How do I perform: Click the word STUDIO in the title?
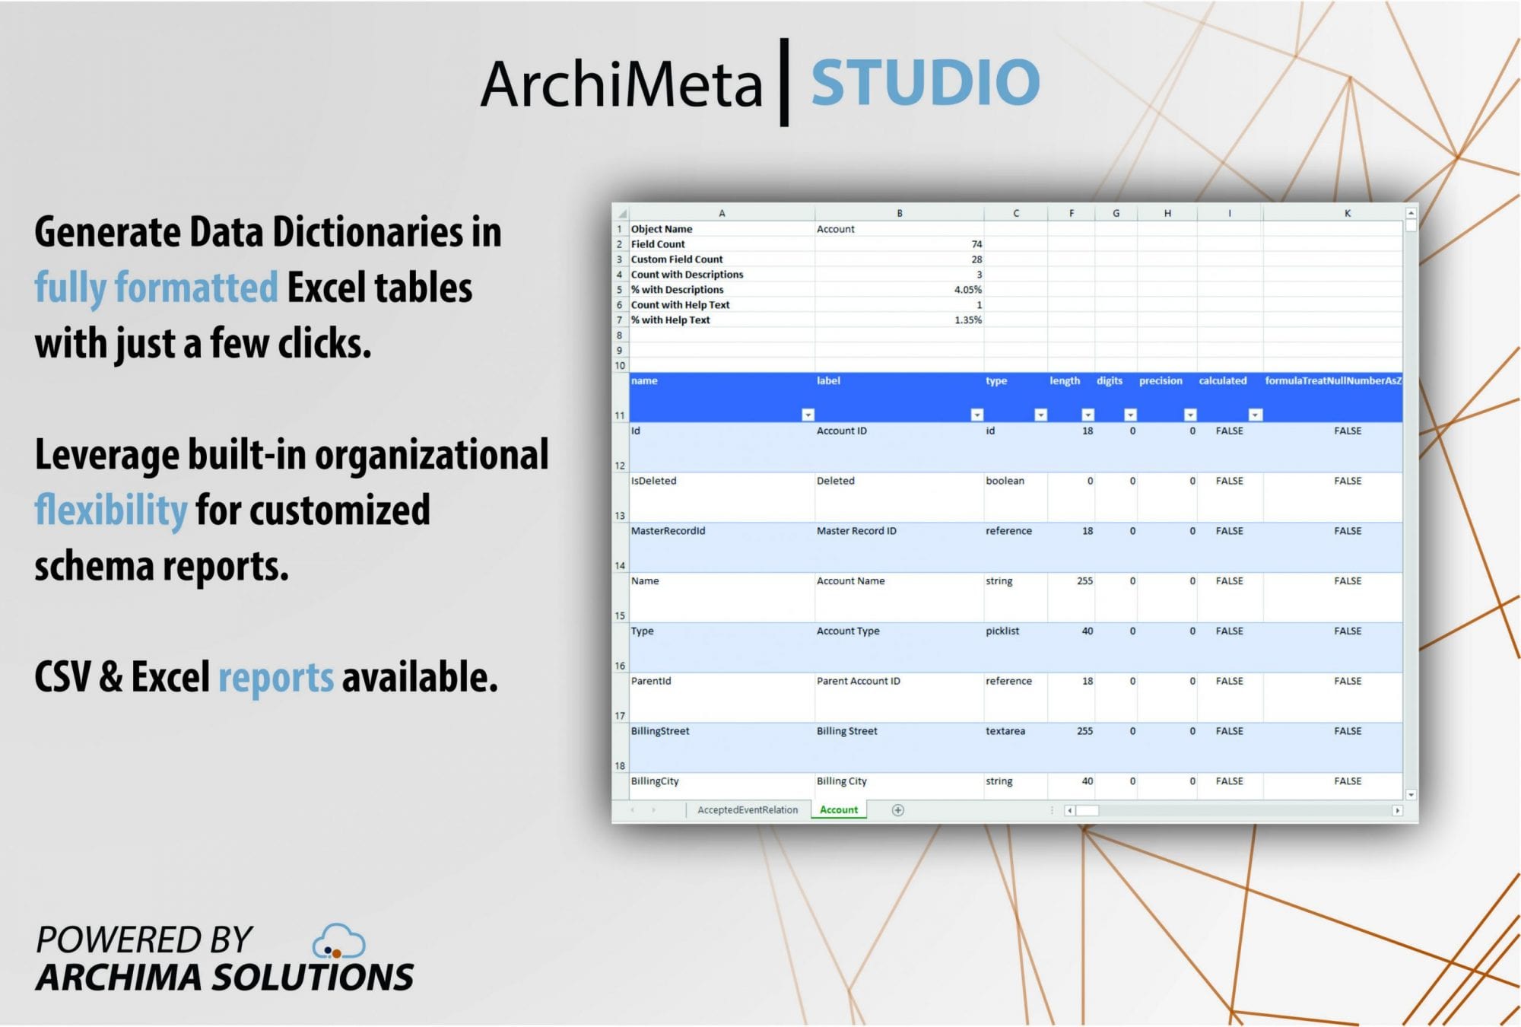pyautogui.click(x=925, y=82)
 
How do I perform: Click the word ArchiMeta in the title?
pyautogui.click(x=621, y=83)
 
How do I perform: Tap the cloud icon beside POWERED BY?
pyautogui.click(x=339, y=941)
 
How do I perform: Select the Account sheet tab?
pyautogui.click(x=838, y=809)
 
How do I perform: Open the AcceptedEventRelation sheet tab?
pyautogui.click(x=748, y=809)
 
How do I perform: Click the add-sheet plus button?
pyautogui.click(x=897, y=810)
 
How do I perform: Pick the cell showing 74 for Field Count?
pyautogui.click(x=900, y=244)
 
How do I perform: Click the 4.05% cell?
pyautogui.click(x=900, y=290)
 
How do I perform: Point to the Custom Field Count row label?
pyautogui.click(x=677, y=259)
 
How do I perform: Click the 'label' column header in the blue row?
pyautogui.click(x=828, y=380)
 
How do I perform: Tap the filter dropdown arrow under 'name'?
pyautogui.click(x=808, y=415)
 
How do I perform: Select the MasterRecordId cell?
pyautogui.click(x=722, y=547)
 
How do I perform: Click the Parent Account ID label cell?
pyautogui.click(x=899, y=697)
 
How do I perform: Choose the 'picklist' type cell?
pyautogui.click(x=1015, y=647)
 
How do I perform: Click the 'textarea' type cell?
pyautogui.click(x=1015, y=747)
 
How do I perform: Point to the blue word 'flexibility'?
pyautogui.click(x=111, y=510)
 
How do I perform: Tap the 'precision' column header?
pyautogui.click(x=1161, y=380)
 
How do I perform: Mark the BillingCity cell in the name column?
pyautogui.click(x=722, y=786)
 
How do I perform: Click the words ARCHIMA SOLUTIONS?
pyautogui.click(x=225, y=978)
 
